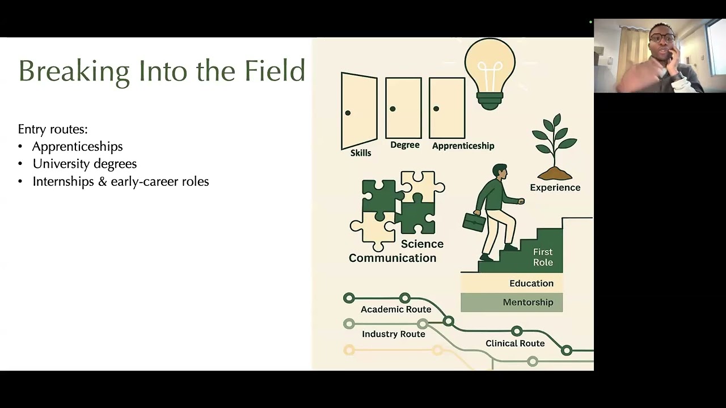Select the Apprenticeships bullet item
coord(77,147)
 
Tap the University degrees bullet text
coord(85,164)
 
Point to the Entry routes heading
coord(53,129)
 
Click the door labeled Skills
coord(359,110)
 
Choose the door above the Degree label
coord(403,108)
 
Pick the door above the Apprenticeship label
coord(447,108)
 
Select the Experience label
coord(555,188)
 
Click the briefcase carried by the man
coord(474,222)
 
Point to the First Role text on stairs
coord(543,257)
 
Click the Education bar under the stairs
coord(512,283)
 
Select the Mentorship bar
coord(512,303)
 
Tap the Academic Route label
coord(396,309)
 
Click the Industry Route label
coord(394,334)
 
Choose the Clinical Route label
coord(515,343)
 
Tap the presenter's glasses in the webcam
coord(662,39)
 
